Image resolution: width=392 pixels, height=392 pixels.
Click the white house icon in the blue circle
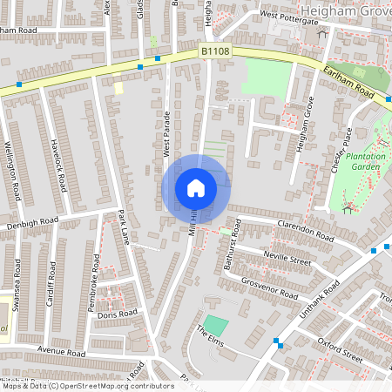coord(196,187)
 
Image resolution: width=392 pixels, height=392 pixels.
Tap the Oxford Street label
coord(339,354)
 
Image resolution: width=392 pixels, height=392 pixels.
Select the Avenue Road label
coord(61,354)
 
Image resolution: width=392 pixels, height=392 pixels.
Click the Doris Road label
coord(118,313)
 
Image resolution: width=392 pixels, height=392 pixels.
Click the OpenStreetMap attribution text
coord(88,385)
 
